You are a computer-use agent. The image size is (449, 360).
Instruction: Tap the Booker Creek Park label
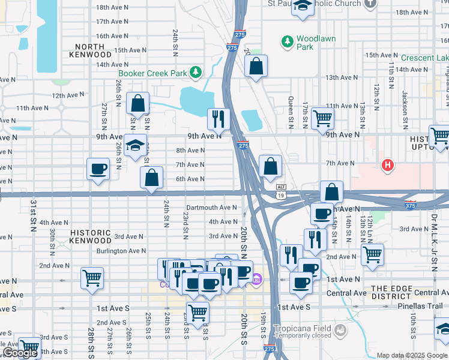tap(153, 73)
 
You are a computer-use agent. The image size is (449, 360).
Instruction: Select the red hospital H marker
tap(388, 165)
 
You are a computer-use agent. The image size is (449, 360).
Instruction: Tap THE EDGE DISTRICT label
tap(391, 293)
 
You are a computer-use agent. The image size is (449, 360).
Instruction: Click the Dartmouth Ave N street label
tap(211, 208)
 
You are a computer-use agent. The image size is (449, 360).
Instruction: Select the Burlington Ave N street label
tap(121, 251)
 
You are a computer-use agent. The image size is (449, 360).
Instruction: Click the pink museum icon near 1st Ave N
tap(257, 280)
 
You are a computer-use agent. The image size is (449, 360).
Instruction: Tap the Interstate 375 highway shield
tap(411, 205)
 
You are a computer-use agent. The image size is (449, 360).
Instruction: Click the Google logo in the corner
tap(20, 353)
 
